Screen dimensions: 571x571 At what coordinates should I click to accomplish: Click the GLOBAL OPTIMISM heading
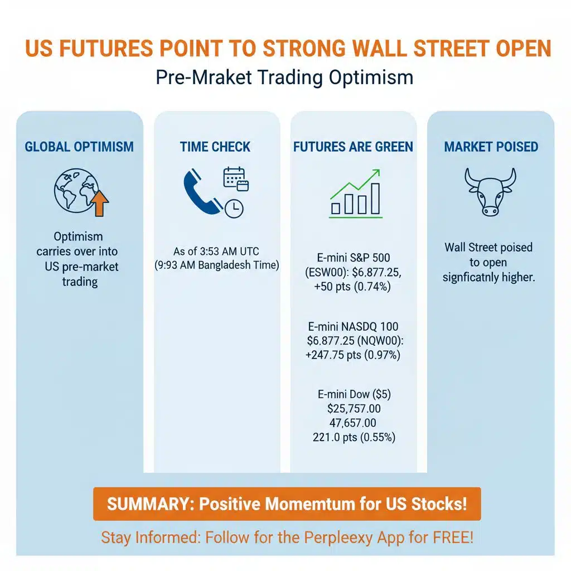(79, 147)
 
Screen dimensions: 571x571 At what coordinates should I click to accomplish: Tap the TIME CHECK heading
(215, 147)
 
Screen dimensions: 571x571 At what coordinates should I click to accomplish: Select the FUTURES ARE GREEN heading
(353, 147)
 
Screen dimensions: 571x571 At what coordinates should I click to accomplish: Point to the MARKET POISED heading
(491, 147)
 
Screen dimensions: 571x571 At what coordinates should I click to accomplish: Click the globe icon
(75, 190)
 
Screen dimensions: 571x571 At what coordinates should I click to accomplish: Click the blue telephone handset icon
(201, 192)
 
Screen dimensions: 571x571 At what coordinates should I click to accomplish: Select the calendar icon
(235, 178)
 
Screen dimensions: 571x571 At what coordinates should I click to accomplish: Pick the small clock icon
(235, 208)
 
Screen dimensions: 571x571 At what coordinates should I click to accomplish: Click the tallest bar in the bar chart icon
(375, 199)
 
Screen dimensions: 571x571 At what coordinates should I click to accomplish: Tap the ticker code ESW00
(338, 273)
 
